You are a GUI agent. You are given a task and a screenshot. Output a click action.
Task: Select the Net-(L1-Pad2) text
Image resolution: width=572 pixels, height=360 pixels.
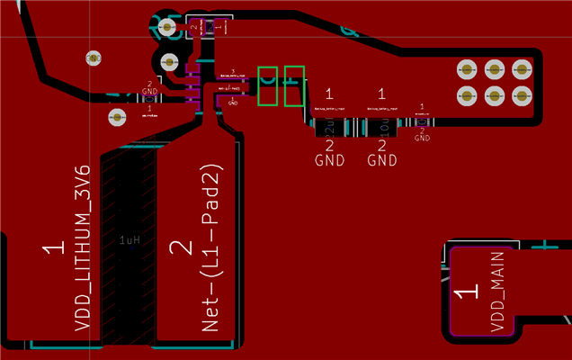pyautogui.click(x=212, y=247)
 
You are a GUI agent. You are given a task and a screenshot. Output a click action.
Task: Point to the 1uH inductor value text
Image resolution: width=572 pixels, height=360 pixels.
pyautogui.click(x=130, y=240)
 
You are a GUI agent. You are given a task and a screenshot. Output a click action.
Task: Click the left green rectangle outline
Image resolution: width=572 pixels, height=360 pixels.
pyautogui.click(x=268, y=85)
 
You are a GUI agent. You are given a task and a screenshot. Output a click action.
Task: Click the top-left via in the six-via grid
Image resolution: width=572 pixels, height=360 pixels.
pyautogui.click(x=467, y=68)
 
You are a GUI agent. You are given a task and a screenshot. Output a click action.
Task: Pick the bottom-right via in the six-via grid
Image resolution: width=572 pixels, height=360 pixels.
pyautogui.click(x=521, y=95)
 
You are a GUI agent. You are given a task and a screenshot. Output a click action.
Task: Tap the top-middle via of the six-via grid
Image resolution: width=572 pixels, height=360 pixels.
pyautogui.click(x=494, y=68)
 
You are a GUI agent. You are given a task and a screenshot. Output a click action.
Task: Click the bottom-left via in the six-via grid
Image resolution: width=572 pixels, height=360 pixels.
pyautogui.click(x=467, y=95)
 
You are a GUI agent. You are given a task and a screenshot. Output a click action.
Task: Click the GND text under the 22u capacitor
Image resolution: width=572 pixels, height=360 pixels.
pyautogui.click(x=330, y=161)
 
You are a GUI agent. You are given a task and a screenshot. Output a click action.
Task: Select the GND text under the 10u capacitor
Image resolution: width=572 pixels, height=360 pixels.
pyautogui.click(x=383, y=161)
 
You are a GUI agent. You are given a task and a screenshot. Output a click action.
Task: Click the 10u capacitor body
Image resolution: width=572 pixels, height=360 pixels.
pyautogui.click(x=382, y=125)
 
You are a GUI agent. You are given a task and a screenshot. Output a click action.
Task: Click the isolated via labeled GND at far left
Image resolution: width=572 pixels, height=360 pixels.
pyautogui.click(x=93, y=58)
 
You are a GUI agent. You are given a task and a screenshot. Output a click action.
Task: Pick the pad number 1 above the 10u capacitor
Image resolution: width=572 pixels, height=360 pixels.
pyautogui.click(x=383, y=94)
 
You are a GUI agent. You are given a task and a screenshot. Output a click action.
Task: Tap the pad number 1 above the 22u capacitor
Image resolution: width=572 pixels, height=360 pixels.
pyautogui.click(x=330, y=94)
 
